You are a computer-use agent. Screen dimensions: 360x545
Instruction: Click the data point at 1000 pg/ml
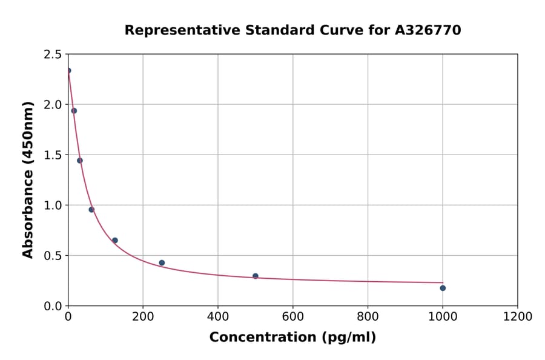click(x=443, y=288)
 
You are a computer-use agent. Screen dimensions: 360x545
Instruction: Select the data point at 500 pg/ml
click(x=256, y=276)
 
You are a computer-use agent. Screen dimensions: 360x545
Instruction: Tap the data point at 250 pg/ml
click(x=162, y=263)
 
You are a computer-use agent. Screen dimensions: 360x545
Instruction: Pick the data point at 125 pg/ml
click(x=115, y=241)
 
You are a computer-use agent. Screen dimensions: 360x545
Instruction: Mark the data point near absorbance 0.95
click(x=91, y=210)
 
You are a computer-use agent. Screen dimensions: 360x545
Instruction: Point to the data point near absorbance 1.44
click(x=80, y=161)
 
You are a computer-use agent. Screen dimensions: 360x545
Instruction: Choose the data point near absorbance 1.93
click(x=74, y=111)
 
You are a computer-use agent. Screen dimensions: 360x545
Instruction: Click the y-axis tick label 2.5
click(x=52, y=55)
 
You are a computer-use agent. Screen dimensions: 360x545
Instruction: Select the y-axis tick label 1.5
click(x=52, y=155)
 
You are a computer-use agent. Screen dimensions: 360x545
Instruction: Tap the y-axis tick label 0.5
click(x=52, y=256)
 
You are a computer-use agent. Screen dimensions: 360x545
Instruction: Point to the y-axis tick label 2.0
click(x=52, y=105)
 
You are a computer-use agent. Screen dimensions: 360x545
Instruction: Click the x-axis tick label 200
click(x=143, y=316)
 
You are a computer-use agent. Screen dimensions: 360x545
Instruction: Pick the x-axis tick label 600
click(x=292, y=316)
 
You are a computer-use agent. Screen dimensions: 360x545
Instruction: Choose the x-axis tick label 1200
click(x=518, y=316)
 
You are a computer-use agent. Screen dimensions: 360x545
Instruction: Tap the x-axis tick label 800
click(x=368, y=316)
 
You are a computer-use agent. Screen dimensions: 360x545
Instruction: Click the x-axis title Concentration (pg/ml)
click(x=292, y=338)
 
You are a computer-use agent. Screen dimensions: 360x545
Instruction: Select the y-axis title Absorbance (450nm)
click(x=28, y=179)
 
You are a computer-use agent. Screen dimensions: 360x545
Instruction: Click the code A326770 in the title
click(x=428, y=30)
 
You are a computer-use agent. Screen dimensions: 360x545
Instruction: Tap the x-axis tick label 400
click(x=218, y=316)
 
